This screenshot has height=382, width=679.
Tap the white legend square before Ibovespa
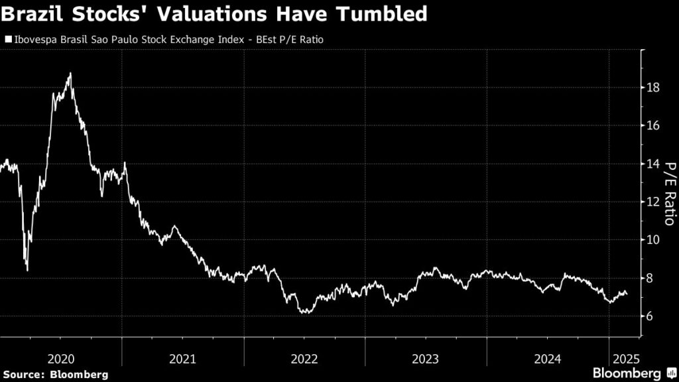(x=8, y=40)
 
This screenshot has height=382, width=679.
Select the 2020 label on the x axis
(x=61, y=359)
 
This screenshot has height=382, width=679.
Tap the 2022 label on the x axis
(x=304, y=359)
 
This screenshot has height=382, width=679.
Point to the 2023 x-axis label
(x=426, y=359)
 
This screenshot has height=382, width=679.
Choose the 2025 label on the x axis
(x=625, y=359)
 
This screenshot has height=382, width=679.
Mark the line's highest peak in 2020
(x=70, y=74)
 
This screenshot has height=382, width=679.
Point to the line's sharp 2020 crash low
(x=27, y=270)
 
